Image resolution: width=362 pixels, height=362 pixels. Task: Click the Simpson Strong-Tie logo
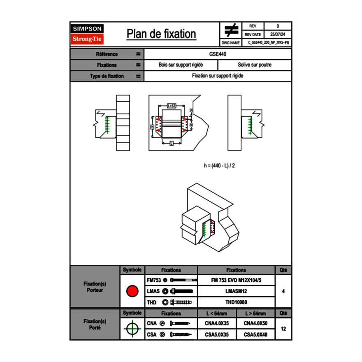[87, 34]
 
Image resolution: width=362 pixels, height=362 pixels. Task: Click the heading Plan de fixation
[161, 34]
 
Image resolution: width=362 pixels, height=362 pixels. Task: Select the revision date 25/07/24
[278, 35]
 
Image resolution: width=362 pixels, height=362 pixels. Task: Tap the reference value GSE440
[218, 54]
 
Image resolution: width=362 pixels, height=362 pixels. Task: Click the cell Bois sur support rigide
[181, 65]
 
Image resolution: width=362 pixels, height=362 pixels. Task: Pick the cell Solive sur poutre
[254, 65]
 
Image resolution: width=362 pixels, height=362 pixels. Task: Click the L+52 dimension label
[172, 106]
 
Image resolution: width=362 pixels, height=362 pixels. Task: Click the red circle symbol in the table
[132, 291]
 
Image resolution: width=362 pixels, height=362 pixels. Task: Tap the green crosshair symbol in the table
[132, 329]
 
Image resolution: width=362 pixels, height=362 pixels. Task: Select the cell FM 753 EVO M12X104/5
[236, 280]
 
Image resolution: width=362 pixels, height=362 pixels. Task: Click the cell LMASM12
[236, 291]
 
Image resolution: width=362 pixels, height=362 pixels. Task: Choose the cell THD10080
[236, 302]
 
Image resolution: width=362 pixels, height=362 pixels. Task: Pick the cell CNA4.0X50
[255, 324]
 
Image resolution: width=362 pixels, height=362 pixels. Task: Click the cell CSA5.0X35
[217, 334]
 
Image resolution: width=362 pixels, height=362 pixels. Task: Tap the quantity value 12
[283, 329]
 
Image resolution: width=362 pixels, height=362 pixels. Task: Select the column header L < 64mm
[217, 313]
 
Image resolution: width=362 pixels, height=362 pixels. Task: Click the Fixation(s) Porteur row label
[95, 287]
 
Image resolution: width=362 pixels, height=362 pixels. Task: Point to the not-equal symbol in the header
[231, 30]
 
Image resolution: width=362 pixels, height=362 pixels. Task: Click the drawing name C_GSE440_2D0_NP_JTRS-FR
[268, 42]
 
